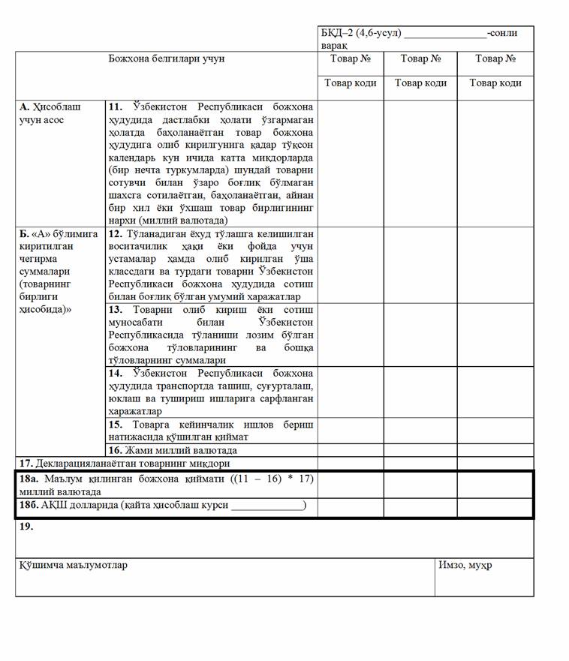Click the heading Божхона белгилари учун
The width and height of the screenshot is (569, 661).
point(167,59)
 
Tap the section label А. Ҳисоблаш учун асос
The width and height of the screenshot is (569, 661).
point(50,113)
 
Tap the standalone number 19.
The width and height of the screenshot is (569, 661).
point(26,526)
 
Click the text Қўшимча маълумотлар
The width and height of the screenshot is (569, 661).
point(73,565)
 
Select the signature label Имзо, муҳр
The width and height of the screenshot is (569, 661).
point(465,565)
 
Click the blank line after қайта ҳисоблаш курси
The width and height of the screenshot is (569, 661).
point(266,506)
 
